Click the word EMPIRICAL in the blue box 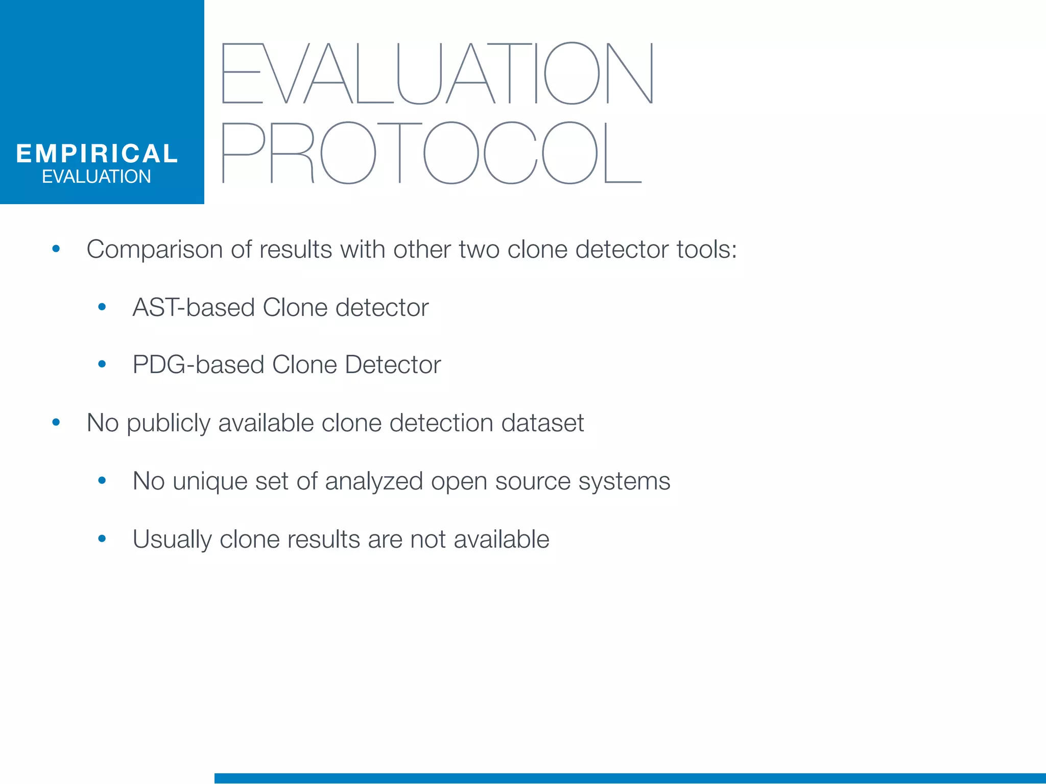pyautogui.click(x=97, y=154)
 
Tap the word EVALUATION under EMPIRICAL pyautogui.click(x=97, y=177)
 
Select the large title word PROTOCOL pyautogui.click(x=432, y=153)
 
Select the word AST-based pyautogui.click(x=194, y=308)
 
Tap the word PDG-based pyautogui.click(x=198, y=365)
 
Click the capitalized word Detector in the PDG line pyautogui.click(x=393, y=365)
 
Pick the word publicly pyautogui.click(x=168, y=424)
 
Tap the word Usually pyautogui.click(x=172, y=540)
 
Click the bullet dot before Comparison pyautogui.click(x=56, y=249)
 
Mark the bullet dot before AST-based pyautogui.click(x=102, y=307)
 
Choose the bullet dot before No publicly pyautogui.click(x=56, y=422)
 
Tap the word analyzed pyautogui.click(x=374, y=481)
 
